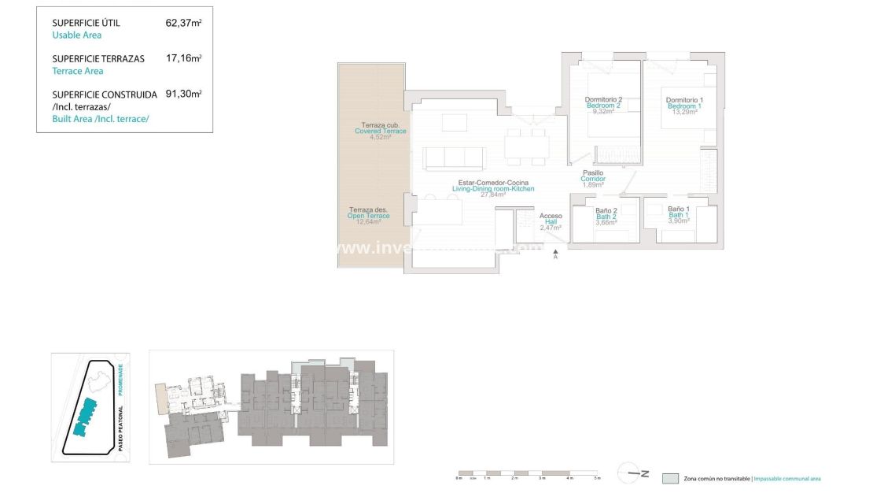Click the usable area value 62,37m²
point(183,23)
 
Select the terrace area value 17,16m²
point(183,58)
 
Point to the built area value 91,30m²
point(183,93)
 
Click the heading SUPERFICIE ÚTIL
point(86,24)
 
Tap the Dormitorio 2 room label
point(603,100)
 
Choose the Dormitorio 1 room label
point(684,100)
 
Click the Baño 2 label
point(606,211)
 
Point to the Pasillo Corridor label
point(593,173)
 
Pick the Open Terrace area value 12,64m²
point(368,222)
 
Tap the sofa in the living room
point(454,158)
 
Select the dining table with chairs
point(527,146)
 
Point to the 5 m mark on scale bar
point(597,478)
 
